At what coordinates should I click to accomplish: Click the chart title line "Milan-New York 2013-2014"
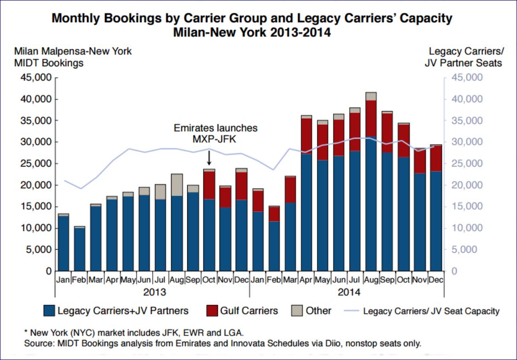(x=252, y=33)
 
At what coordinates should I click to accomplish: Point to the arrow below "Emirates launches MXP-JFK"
(x=209, y=158)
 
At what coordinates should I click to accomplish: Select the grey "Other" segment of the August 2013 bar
(x=177, y=185)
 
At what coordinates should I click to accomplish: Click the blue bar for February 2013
(x=80, y=249)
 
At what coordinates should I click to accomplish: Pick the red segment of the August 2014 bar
(x=371, y=119)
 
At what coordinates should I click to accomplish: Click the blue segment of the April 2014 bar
(x=306, y=212)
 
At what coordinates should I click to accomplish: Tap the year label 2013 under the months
(x=155, y=292)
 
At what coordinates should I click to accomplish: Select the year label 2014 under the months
(x=349, y=292)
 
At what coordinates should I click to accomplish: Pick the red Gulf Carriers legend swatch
(x=212, y=311)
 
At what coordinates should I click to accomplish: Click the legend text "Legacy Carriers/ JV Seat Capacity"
(x=431, y=311)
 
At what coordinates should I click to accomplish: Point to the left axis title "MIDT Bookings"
(x=49, y=63)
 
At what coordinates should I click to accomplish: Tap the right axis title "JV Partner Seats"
(x=463, y=63)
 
